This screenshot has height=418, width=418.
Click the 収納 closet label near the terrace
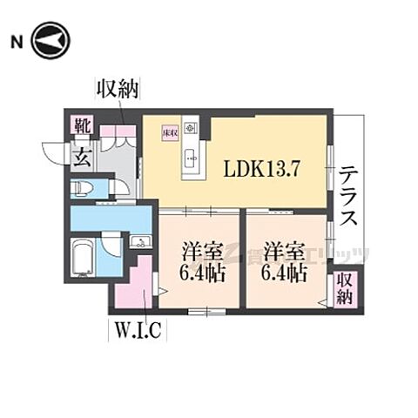pyautogui.click(x=345, y=288)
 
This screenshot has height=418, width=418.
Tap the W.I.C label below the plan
pyautogui.click(x=134, y=331)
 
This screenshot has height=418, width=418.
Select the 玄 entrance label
pyautogui.click(x=81, y=158)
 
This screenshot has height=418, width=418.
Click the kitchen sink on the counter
pyautogui.click(x=192, y=158)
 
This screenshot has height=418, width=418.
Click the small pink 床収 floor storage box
pyautogui.click(x=170, y=132)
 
